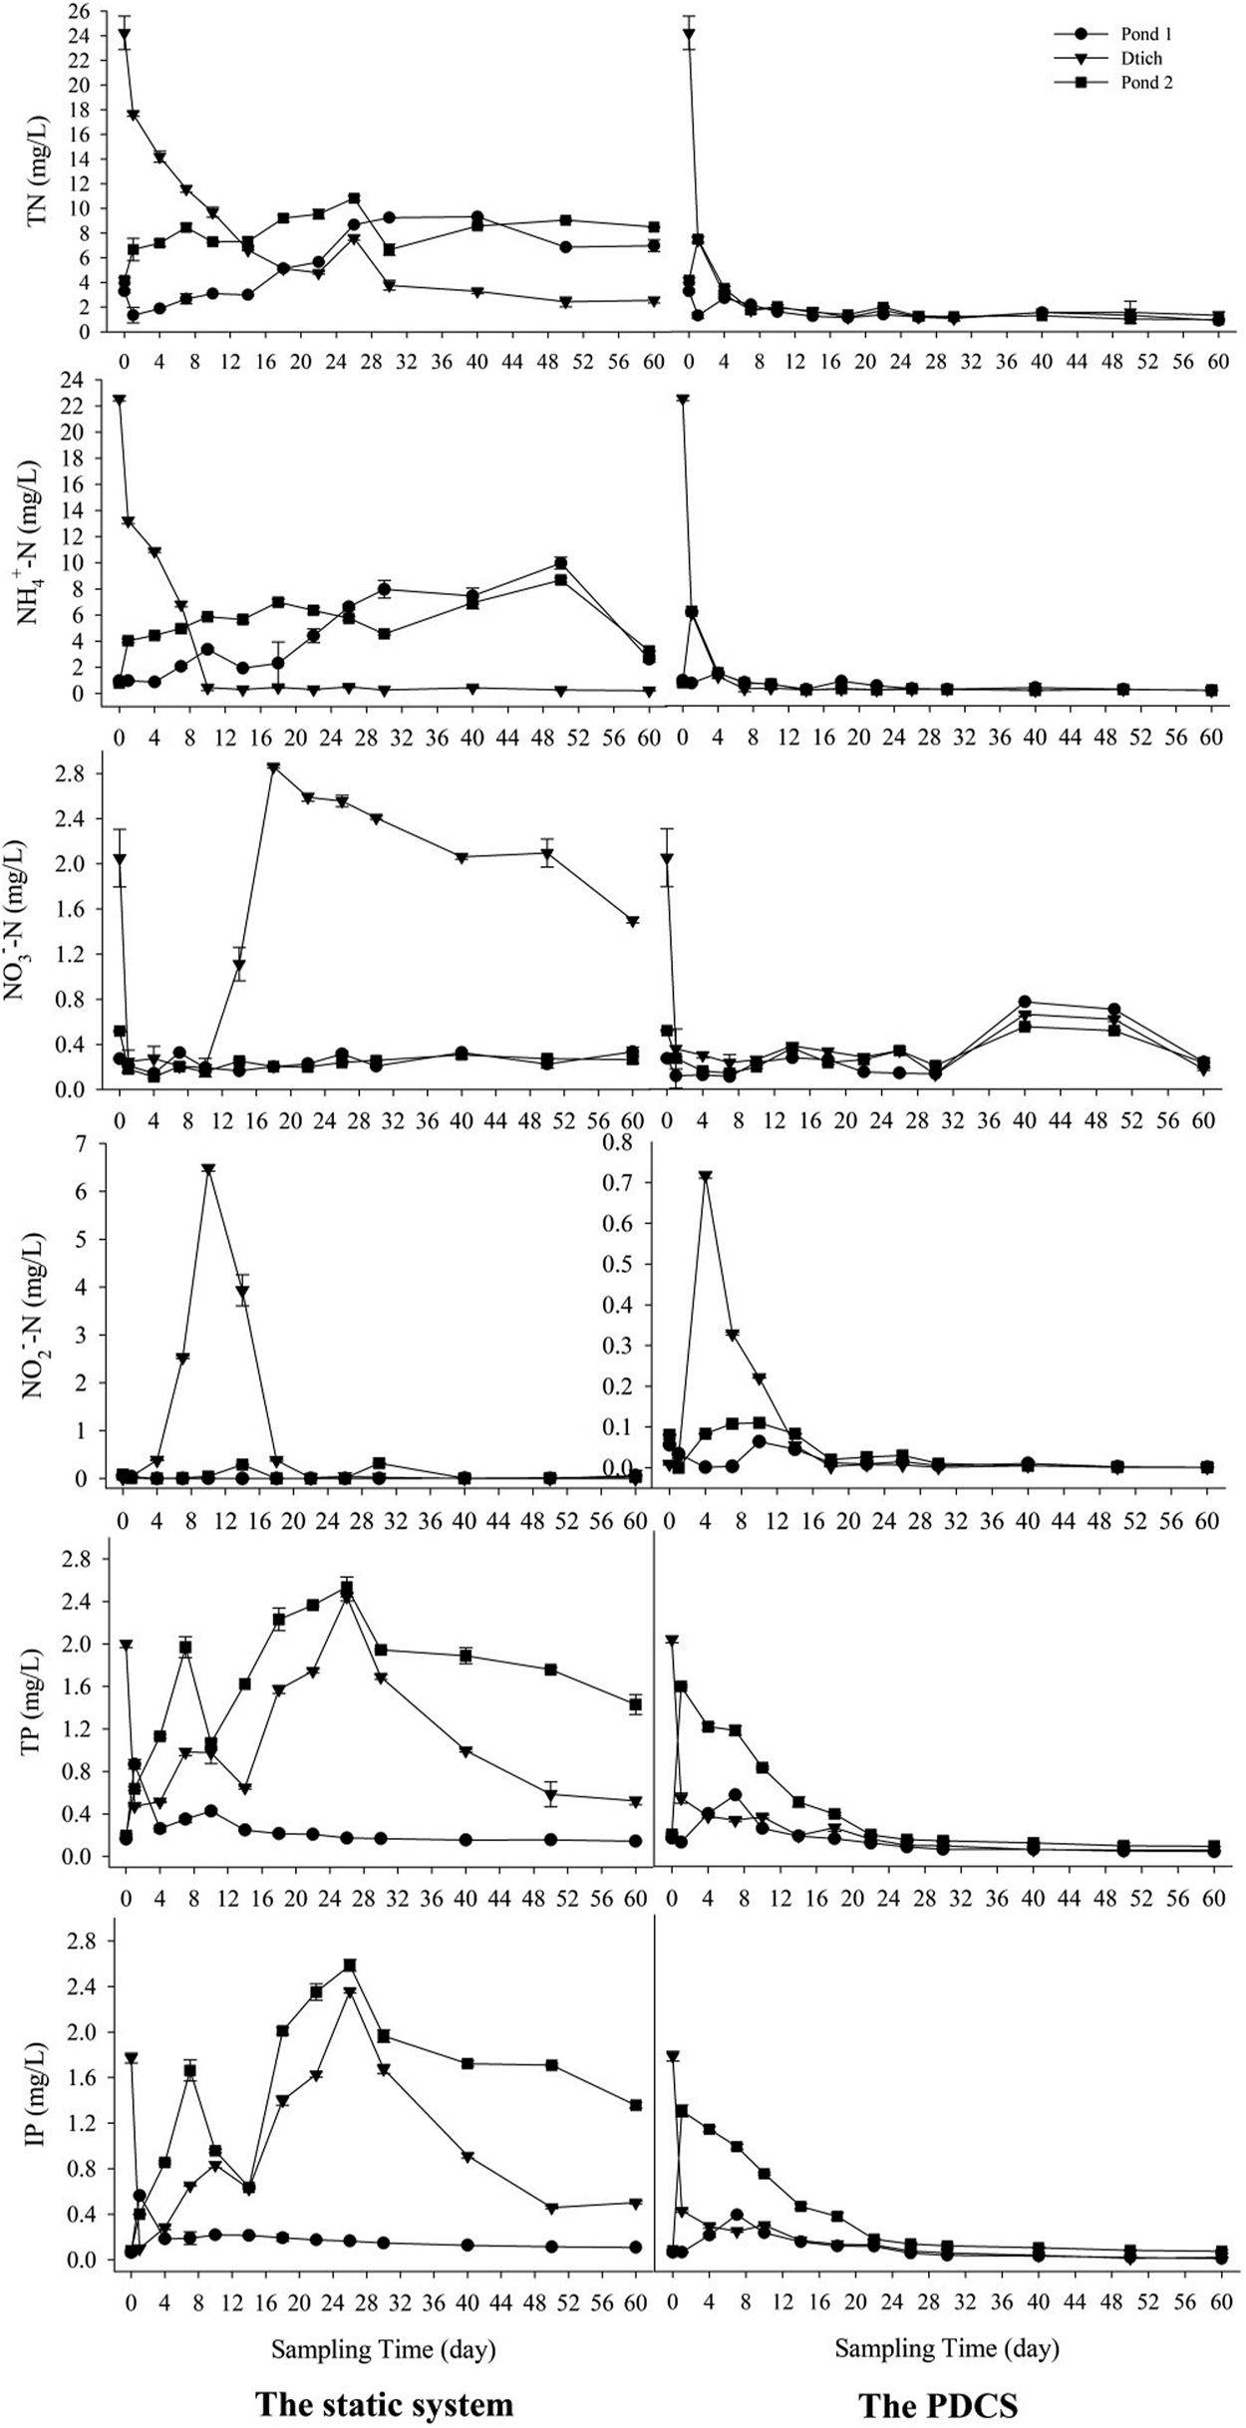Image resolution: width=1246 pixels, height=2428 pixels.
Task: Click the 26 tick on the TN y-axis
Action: [79, 11]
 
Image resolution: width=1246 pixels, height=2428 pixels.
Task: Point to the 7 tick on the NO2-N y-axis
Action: [85, 1142]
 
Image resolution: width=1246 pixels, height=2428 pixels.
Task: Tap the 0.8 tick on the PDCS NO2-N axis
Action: [632, 1142]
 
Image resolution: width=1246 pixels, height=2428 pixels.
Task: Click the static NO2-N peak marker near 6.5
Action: [208, 1169]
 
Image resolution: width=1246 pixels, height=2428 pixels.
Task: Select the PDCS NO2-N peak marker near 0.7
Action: [705, 1177]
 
